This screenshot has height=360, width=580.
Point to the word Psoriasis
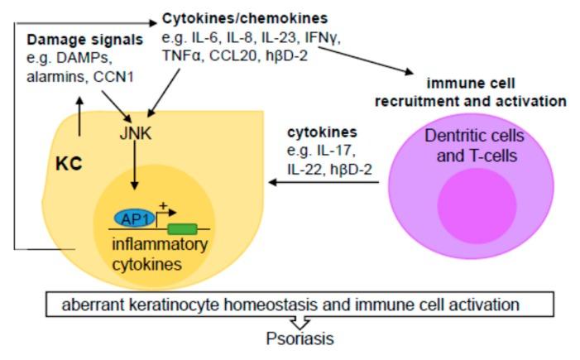(300, 338)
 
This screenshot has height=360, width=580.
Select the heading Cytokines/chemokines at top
(232, 17)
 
